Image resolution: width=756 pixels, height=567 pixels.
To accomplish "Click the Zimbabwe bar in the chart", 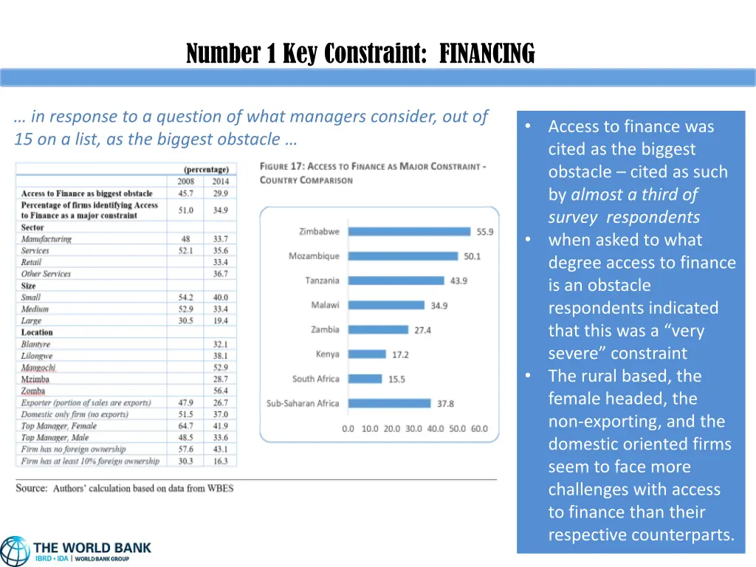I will [409, 231].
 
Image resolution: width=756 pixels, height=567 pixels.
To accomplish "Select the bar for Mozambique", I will [403, 256].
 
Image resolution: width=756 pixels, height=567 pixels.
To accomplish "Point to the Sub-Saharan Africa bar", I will [389, 404].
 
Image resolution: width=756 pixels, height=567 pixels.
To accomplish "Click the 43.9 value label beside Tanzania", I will [458, 281].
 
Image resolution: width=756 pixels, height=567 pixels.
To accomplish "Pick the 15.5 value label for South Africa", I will [396, 379].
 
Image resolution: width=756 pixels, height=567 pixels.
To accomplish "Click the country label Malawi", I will [326, 305].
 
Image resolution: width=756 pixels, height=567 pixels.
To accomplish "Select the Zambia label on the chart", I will [326, 329].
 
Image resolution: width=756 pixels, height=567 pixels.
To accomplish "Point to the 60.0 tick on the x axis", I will [478, 429].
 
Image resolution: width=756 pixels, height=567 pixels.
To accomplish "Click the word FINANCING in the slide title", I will [487, 54].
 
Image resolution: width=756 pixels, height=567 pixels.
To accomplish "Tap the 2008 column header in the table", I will [186, 182].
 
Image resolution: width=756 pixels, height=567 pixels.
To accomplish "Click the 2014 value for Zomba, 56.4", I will [220, 391].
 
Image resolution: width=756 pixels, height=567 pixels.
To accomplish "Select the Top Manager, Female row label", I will [59, 426].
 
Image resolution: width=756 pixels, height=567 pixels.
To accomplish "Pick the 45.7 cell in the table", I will [186, 193].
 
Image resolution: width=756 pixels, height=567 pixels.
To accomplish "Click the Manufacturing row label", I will [47, 239].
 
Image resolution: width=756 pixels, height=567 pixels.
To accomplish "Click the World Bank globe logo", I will [15, 551].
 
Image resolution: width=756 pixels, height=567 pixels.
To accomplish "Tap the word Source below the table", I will [32, 488].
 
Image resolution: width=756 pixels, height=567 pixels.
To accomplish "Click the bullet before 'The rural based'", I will [529, 376].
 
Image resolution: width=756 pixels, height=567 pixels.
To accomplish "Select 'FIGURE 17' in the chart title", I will [282, 167].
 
